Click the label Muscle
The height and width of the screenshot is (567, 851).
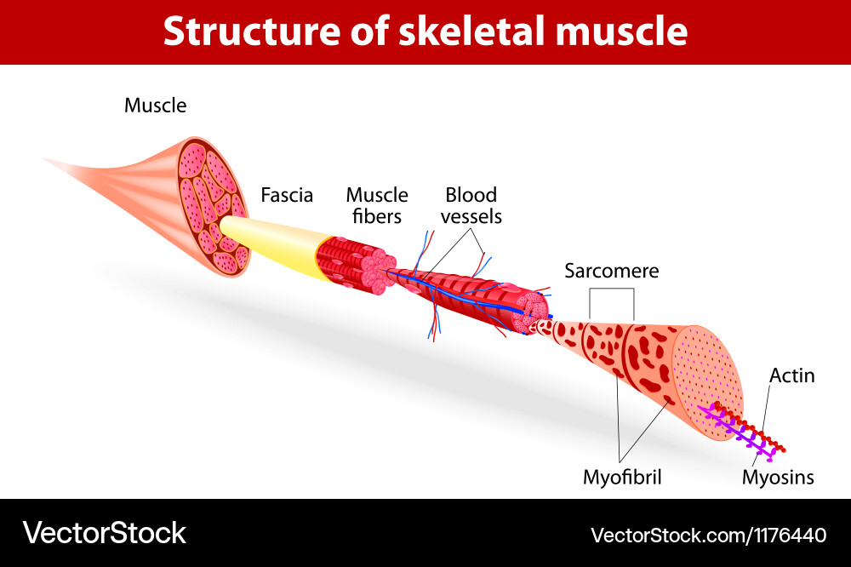(155, 106)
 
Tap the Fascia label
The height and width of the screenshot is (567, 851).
(287, 195)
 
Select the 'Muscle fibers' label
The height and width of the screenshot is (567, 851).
(377, 205)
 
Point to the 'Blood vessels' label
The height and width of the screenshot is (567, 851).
(471, 205)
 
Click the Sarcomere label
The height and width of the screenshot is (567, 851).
(611, 271)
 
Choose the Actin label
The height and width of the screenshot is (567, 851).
(791, 375)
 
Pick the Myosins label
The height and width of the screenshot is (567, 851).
(778, 478)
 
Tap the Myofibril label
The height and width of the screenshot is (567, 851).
(622, 478)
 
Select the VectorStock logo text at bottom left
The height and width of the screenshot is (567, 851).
(104, 533)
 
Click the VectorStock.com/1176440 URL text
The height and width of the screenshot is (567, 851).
(708, 535)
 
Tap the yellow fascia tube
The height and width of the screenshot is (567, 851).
(272, 243)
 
